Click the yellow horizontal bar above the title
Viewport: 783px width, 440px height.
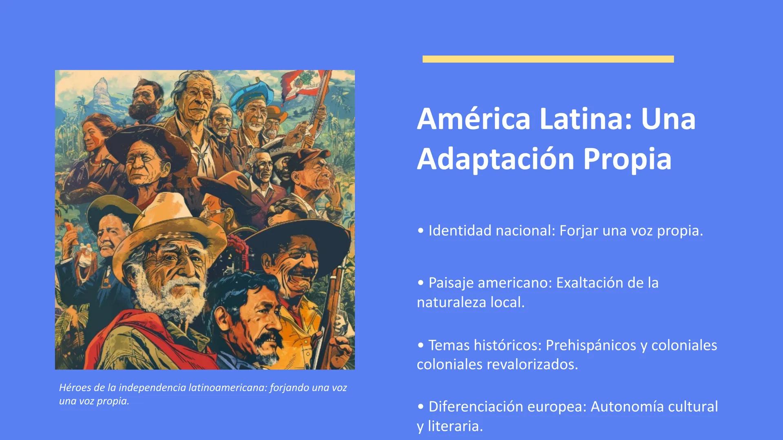pyautogui.click(x=548, y=59)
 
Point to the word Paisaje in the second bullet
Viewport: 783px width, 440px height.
pyautogui.click(x=451, y=283)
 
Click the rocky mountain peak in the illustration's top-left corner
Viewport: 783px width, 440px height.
pyautogui.click(x=100, y=92)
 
